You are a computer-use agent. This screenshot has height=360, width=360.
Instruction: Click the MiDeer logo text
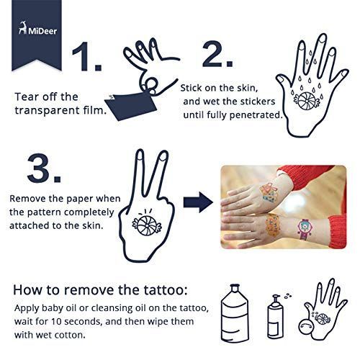pyautogui.click(x=42, y=31)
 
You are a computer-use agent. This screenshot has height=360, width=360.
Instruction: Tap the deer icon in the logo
pyautogui.click(x=23, y=27)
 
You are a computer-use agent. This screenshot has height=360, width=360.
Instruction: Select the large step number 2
pyautogui.click(x=217, y=54)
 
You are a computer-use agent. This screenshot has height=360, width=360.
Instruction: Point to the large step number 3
pyautogui.click(x=44, y=168)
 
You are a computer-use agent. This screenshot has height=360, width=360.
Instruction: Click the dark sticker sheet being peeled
pyautogui.click(x=131, y=106)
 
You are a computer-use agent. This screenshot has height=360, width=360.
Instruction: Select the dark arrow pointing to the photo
pyautogui.click(x=198, y=202)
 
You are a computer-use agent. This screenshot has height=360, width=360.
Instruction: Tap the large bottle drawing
pyautogui.click(x=234, y=313)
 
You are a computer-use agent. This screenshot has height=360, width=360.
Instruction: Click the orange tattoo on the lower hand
pyautogui.click(x=273, y=225)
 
